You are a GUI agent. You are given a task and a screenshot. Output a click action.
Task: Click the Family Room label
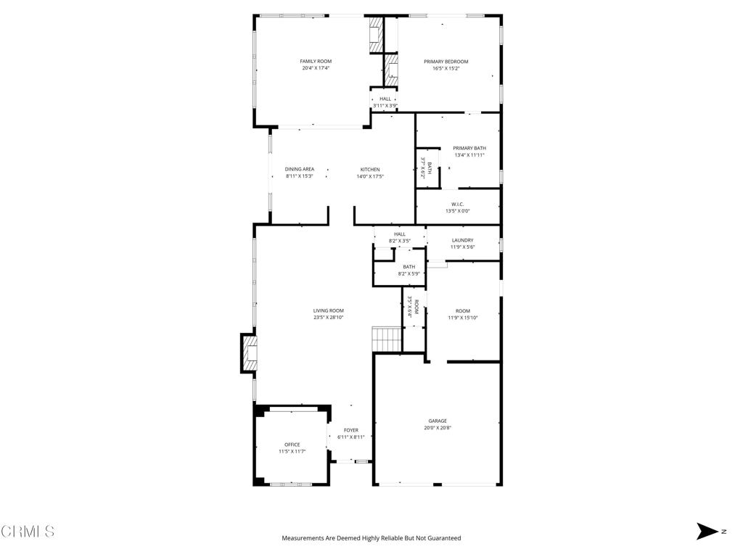(x=316, y=61)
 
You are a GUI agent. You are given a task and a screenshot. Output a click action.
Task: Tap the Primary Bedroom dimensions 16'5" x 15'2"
(x=446, y=68)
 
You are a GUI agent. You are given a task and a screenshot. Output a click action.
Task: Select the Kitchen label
(x=370, y=170)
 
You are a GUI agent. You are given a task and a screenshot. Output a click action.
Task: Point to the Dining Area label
(x=300, y=169)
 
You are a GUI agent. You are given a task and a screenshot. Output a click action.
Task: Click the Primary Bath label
(x=469, y=148)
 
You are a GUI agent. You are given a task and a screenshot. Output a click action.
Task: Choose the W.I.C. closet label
(x=457, y=204)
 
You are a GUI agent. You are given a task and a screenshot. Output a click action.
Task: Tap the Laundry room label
(x=462, y=240)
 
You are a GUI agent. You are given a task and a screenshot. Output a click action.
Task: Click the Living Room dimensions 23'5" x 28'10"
(x=328, y=318)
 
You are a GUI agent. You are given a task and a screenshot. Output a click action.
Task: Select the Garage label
(x=438, y=421)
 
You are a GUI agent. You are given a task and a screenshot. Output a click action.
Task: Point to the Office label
(x=292, y=445)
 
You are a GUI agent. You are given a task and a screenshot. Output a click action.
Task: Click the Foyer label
(x=351, y=430)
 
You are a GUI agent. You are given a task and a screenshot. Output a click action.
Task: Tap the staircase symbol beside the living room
(x=387, y=339)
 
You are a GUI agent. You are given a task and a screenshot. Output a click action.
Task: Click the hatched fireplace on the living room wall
(x=250, y=353)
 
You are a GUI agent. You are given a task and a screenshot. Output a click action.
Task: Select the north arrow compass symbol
(x=707, y=531)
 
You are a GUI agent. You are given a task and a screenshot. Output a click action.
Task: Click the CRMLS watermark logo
(x=28, y=531)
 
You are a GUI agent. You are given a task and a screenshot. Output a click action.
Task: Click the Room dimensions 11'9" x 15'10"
(x=463, y=318)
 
